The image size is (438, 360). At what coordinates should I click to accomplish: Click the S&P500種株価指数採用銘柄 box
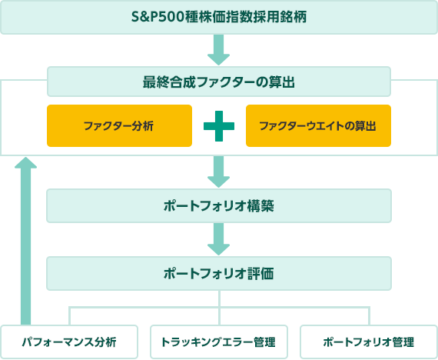pos(219,18)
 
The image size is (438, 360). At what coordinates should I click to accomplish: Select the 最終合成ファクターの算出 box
pos(219,82)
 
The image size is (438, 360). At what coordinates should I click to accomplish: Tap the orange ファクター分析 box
pos(119,126)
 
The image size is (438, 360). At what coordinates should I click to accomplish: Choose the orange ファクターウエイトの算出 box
pos(318,126)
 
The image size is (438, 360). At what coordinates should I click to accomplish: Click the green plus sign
pos(219,126)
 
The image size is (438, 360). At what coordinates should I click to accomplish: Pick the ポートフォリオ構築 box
pos(219,206)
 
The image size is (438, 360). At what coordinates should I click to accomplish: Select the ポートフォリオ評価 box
pos(219,274)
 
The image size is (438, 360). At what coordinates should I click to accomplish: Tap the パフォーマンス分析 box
pos(69,342)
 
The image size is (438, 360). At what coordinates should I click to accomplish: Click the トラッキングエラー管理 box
pos(219,342)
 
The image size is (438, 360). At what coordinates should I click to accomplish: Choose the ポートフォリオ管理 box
pos(369,342)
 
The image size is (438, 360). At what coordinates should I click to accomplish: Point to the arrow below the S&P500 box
pos(219,50)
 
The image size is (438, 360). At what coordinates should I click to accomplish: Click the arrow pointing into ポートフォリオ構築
pos(219,172)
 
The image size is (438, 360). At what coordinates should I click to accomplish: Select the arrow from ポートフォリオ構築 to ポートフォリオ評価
pos(219,239)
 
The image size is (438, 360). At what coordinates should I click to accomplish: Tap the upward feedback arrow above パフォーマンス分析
pos(25,241)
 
